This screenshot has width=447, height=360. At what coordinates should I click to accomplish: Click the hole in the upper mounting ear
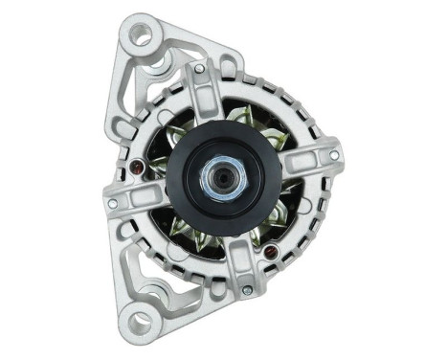[x=143, y=37]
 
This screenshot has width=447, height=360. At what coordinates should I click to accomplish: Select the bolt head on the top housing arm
[x=199, y=68]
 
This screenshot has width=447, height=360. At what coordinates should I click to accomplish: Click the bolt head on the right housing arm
[x=334, y=155]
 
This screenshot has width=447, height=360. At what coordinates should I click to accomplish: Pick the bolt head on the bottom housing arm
[x=247, y=289]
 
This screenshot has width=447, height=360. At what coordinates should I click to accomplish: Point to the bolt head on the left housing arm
[x=113, y=203]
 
